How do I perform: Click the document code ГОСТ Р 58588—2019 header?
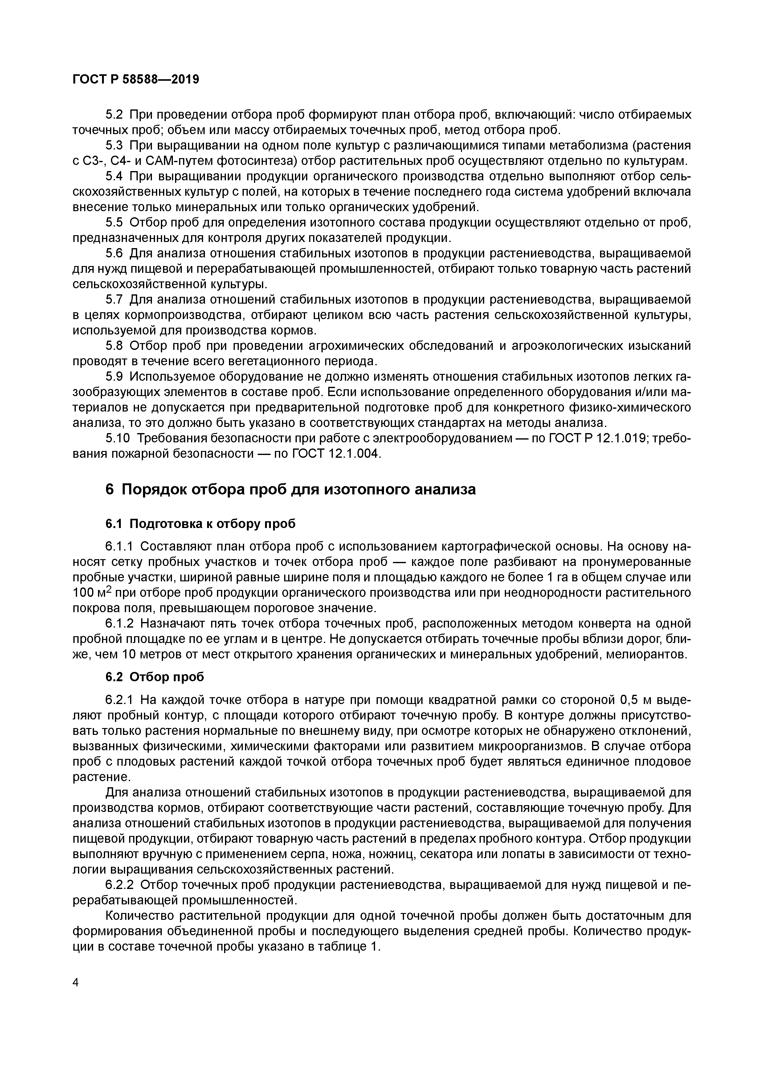click(x=136, y=80)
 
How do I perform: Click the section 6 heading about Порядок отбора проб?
click(x=290, y=490)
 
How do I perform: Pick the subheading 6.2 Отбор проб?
click(x=155, y=677)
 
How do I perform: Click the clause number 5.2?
click(x=114, y=115)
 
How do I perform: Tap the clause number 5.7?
click(x=114, y=299)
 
